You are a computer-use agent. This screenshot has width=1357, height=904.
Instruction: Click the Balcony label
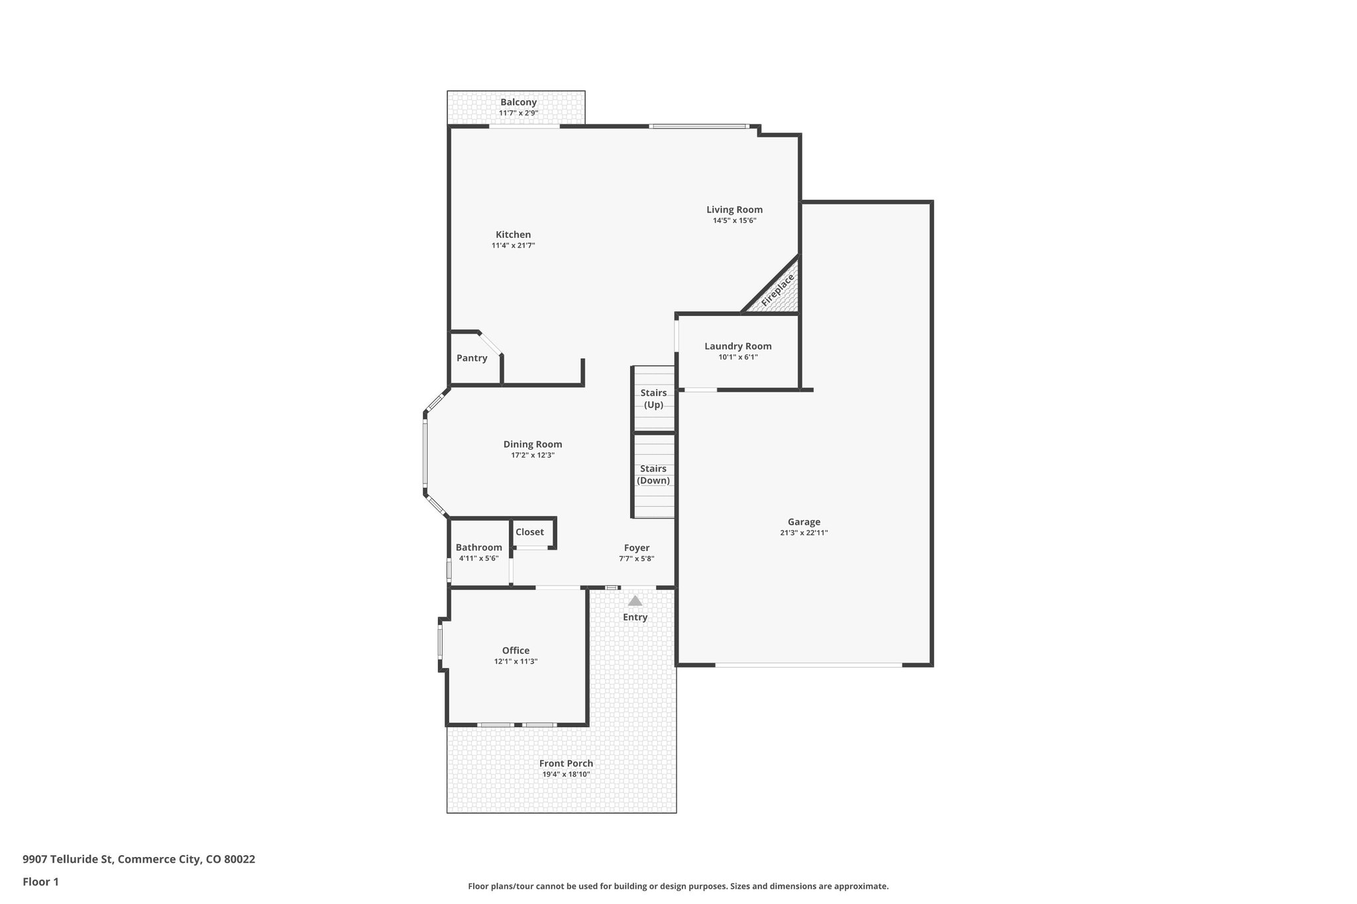[x=518, y=102]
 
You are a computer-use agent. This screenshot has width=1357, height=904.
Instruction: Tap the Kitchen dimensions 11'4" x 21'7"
[x=513, y=246]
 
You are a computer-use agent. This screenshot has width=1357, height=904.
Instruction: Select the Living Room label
[x=734, y=210]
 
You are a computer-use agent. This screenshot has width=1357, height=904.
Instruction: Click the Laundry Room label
[x=737, y=346]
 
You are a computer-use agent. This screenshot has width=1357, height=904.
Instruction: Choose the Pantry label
[x=472, y=358]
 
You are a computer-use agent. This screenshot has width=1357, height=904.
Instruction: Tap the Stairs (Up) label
[x=653, y=399]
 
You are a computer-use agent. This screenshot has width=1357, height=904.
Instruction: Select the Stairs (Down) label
[x=653, y=474]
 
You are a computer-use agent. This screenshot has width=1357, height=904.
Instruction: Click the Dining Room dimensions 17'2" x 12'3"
[x=532, y=456]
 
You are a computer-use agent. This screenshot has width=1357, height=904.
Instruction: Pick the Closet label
[x=529, y=532]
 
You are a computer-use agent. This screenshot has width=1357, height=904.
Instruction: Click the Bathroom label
[x=478, y=547]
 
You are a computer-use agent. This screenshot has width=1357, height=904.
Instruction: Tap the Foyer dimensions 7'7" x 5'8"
[x=636, y=559]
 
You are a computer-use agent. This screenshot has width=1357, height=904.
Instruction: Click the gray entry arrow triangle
[x=635, y=601]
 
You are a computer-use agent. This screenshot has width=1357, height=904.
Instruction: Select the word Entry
[x=635, y=617]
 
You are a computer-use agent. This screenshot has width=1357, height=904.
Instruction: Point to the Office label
[x=516, y=650]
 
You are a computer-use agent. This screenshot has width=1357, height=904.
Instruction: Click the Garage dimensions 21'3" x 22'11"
[x=804, y=532]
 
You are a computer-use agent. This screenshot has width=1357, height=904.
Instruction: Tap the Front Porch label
[x=566, y=764]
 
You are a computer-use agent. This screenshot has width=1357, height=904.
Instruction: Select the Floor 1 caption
[x=40, y=881]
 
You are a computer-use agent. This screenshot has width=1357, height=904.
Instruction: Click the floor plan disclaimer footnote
[x=678, y=886]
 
